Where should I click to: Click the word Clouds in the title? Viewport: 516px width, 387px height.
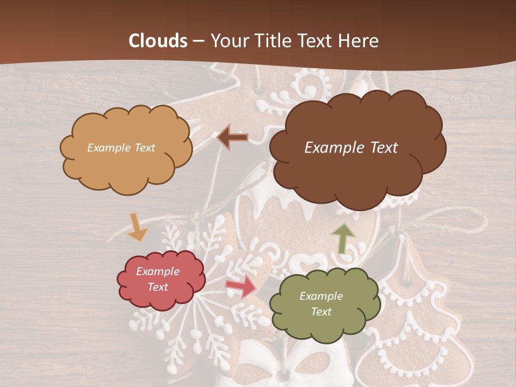(158, 41)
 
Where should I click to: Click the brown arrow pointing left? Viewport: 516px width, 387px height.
(232, 138)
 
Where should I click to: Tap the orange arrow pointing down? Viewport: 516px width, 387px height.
(137, 227)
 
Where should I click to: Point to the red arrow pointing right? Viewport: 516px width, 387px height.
(241, 286)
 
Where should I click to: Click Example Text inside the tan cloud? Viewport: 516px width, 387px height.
(121, 148)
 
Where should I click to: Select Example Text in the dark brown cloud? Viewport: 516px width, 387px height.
(351, 148)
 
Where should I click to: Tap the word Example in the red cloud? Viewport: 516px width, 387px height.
(157, 271)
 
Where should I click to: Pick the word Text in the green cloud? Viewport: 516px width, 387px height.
(321, 312)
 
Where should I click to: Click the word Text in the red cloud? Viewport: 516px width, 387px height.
(157, 287)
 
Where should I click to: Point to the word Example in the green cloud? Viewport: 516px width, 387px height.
(321, 296)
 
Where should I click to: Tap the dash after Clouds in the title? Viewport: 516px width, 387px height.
(198, 41)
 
